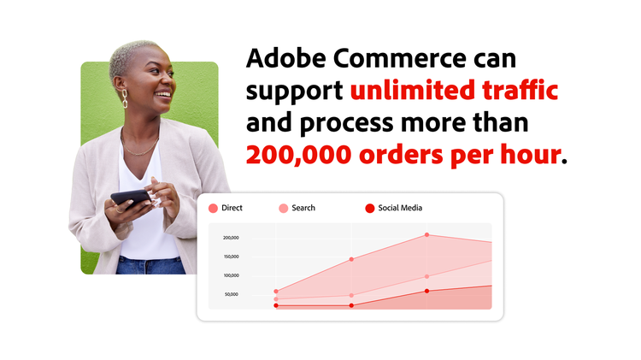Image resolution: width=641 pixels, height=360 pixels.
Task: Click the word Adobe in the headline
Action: point(283,59)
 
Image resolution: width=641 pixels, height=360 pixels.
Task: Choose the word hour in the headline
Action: point(532,155)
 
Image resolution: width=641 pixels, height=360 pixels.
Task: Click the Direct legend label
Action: point(232,208)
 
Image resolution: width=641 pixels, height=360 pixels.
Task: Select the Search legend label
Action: point(303,208)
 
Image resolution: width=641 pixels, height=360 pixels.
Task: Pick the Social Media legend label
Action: point(401,208)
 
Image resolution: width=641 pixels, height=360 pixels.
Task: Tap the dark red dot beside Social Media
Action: point(370,208)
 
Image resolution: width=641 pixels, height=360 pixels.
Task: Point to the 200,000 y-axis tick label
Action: point(231,238)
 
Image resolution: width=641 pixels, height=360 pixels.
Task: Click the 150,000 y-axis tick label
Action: point(231,257)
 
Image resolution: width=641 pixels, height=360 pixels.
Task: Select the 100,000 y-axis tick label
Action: point(231,275)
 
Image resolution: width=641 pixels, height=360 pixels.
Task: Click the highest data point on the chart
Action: point(427,234)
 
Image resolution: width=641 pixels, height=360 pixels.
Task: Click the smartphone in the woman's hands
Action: point(131,198)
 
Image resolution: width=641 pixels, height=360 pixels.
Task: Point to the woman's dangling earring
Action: point(125,97)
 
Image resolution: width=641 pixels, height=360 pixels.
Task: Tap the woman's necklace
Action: point(141,147)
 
